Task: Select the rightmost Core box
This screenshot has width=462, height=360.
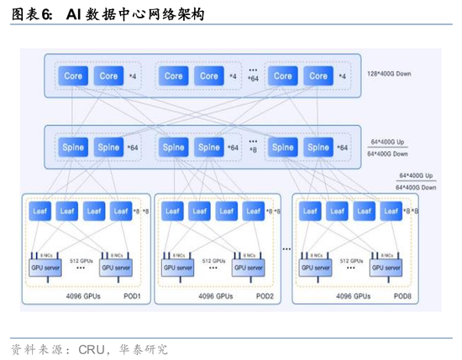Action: [318, 76]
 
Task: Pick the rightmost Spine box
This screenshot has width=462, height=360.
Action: [318, 148]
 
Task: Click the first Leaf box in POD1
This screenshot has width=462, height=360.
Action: [40, 211]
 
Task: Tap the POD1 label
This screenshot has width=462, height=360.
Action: [130, 296]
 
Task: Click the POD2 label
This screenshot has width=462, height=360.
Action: [265, 296]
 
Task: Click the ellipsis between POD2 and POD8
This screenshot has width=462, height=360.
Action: [286, 248]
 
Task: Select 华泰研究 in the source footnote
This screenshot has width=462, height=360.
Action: [144, 348]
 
